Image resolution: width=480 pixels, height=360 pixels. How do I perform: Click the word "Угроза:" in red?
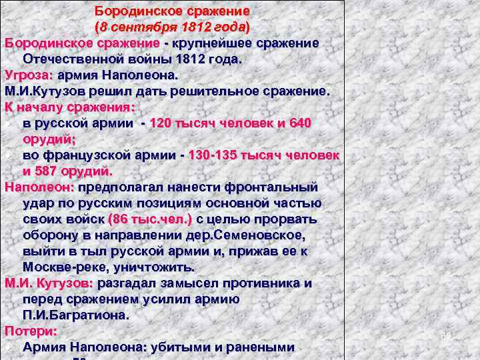tap(27, 75)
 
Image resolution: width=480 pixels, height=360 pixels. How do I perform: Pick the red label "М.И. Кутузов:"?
tap(47, 283)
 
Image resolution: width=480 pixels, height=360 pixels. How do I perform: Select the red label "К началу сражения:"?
tap(70, 107)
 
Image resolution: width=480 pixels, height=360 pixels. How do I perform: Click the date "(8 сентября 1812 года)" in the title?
tap(172, 27)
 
